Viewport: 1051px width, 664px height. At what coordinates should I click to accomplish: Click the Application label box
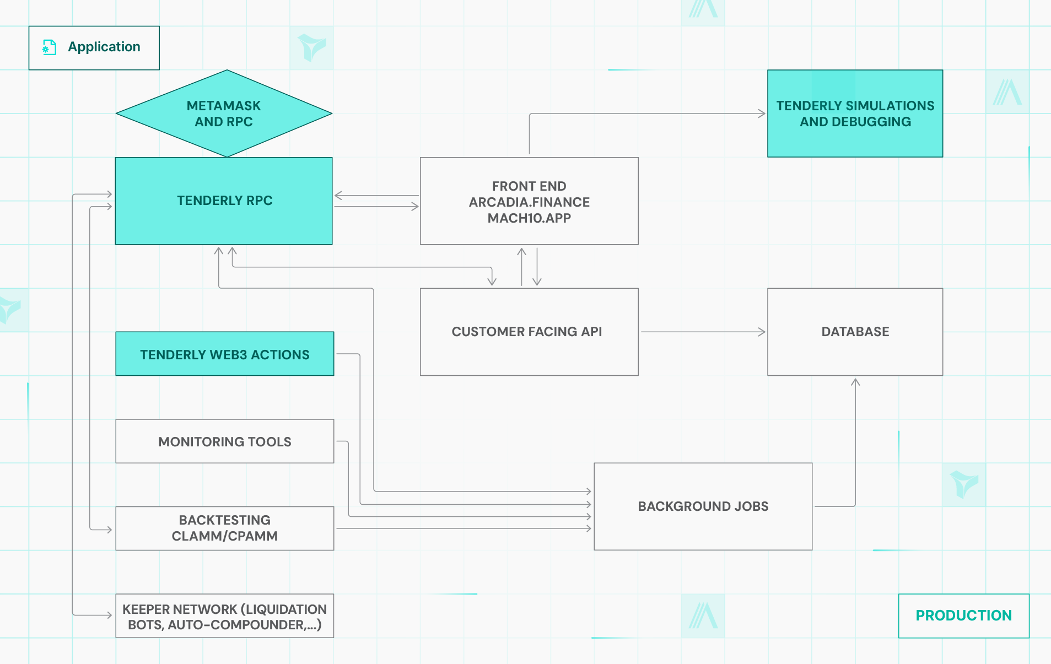coord(94,48)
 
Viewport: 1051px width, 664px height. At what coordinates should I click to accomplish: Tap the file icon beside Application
coord(50,47)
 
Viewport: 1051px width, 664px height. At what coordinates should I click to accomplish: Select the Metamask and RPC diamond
coord(224,114)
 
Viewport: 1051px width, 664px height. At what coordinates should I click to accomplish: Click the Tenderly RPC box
coord(224,201)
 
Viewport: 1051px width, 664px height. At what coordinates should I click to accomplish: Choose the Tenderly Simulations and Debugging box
coord(855,114)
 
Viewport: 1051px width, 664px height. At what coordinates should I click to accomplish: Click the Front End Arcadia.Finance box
coord(529,201)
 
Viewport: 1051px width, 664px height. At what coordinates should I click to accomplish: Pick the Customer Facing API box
coord(529,332)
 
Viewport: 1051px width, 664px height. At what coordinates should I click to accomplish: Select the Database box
coord(855,332)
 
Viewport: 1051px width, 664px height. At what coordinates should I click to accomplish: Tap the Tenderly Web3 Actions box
coord(225,354)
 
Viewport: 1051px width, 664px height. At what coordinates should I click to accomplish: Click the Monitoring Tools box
coord(225,441)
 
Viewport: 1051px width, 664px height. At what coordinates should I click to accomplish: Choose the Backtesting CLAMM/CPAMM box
coord(225,528)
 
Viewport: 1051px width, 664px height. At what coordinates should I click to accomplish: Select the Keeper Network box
coord(225,616)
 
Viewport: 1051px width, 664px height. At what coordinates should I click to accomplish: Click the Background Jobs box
coord(703,506)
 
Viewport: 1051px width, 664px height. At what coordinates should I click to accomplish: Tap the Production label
coord(963,616)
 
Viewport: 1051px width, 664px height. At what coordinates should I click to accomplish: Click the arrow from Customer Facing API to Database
coord(703,332)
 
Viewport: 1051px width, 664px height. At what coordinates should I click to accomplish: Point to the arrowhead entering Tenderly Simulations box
coord(762,114)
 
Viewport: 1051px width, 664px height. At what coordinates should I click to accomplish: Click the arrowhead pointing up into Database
coord(855,382)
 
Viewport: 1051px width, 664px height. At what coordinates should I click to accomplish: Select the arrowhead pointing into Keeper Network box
coord(109,615)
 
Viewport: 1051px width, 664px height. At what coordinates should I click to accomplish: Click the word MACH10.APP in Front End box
coord(529,218)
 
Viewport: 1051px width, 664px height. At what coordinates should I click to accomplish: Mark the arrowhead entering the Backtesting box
coord(109,530)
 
